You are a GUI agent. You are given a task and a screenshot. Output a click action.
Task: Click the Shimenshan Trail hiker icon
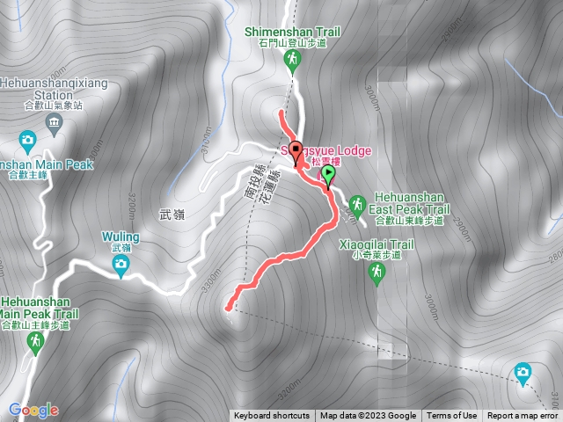click(293, 60)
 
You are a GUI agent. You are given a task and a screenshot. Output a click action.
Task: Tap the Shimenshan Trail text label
click(292, 31)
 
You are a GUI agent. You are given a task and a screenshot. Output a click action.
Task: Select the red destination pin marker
click(296, 149)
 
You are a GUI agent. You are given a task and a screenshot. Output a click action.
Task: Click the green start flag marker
click(328, 173)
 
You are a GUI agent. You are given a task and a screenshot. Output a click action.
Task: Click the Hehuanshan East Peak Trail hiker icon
click(356, 201)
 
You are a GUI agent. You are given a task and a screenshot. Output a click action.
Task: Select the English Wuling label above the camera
click(121, 236)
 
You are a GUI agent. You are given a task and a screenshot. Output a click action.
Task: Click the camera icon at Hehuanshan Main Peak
click(28, 140)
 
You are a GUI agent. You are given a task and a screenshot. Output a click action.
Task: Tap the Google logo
click(33, 410)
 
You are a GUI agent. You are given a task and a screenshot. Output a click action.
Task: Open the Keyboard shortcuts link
click(272, 416)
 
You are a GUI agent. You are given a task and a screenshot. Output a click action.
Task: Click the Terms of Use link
click(452, 416)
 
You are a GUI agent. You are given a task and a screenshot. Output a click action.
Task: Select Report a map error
click(523, 416)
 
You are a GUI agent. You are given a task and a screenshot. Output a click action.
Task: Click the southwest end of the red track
click(228, 308)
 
